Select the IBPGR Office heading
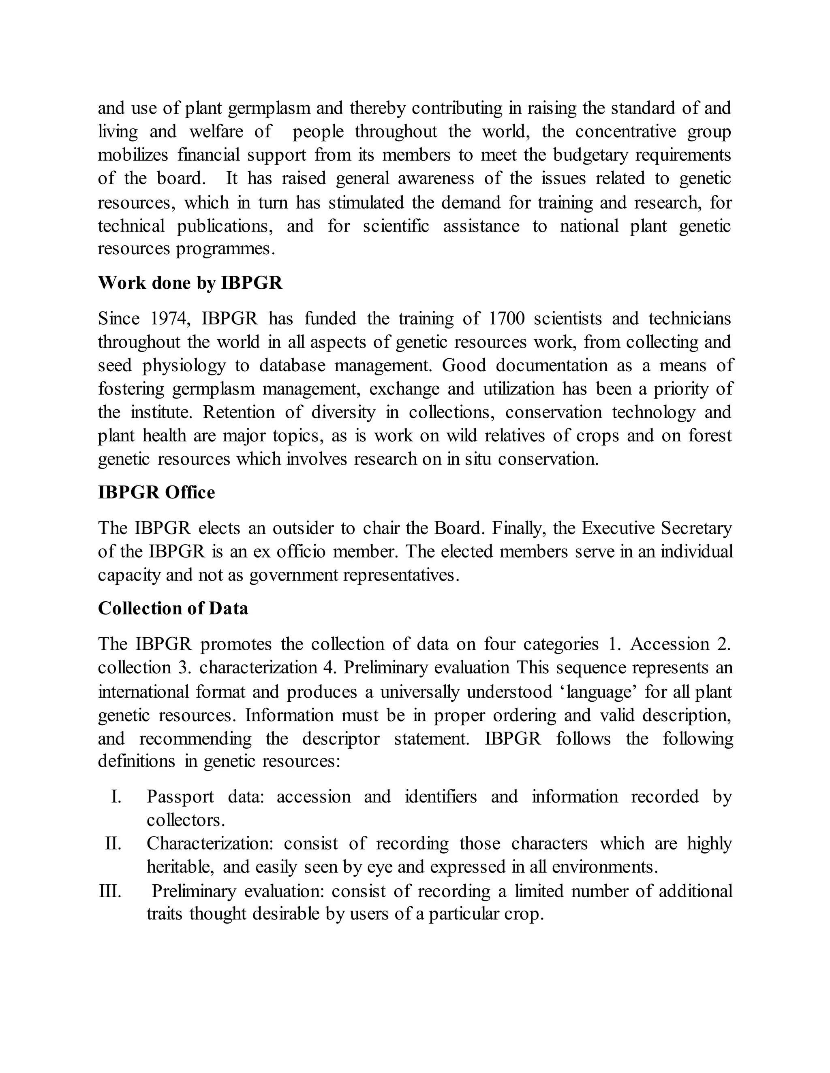pyautogui.click(x=156, y=492)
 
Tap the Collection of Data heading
pyautogui.click(x=173, y=608)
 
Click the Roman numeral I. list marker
pyautogui.click(x=116, y=796)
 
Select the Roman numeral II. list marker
pyautogui.click(x=113, y=843)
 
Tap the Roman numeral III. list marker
pyautogui.click(x=110, y=891)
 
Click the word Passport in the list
pyautogui.click(x=180, y=797)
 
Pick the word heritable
pyautogui.click(x=180, y=867)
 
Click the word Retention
pyautogui.click(x=239, y=412)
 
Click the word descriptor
pyautogui.click(x=341, y=739)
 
